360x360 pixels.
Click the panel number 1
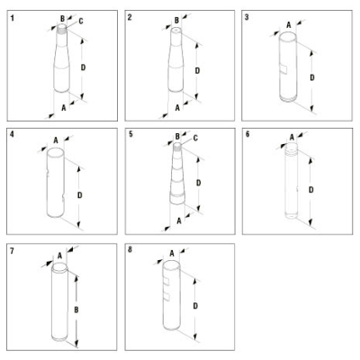(13, 18)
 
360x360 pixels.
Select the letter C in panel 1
(81, 22)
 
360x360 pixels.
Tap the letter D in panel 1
(83, 67)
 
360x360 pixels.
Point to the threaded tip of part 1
(61, 29)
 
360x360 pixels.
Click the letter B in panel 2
(176, 21)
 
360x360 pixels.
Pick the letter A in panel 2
(177, 107)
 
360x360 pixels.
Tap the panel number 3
(247, 17)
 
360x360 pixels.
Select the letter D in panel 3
(312, 77)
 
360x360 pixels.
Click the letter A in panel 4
(56, 140)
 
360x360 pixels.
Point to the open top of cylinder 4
(56, 152)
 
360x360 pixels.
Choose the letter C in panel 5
(195, 138)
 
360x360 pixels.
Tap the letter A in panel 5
(179, 221)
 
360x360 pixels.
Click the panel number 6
(247, 134)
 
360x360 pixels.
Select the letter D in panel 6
(311, 190)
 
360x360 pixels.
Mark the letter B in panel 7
(76, 310)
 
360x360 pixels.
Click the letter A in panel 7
(59, 256)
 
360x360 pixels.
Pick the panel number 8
(130, 249)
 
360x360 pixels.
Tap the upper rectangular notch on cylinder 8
(166, 282)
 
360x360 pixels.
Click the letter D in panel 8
(195, 306)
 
